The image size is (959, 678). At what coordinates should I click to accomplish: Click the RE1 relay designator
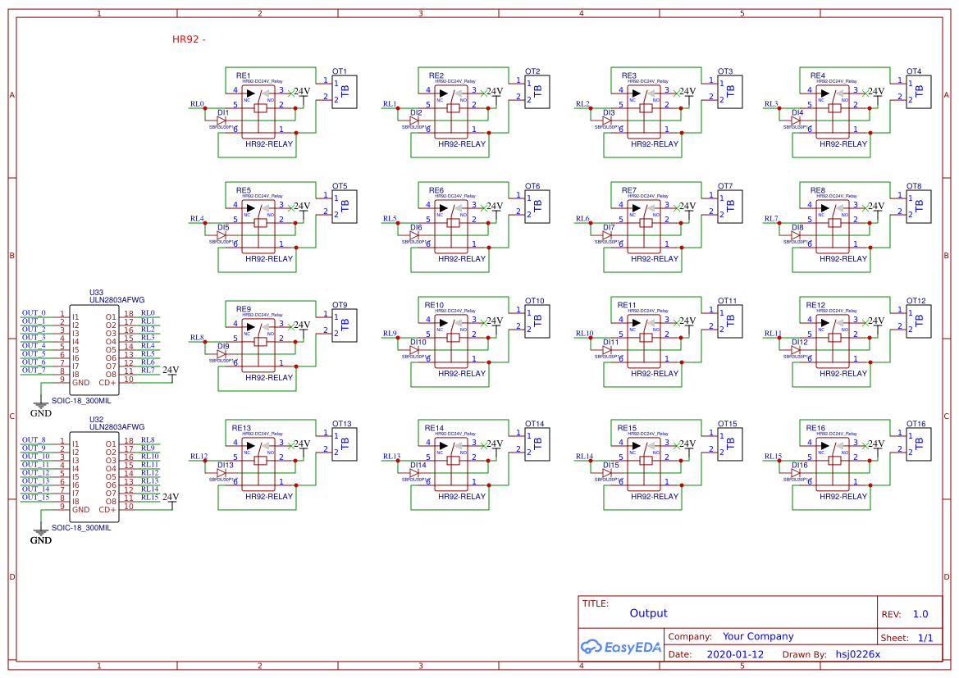(x=243, y=75)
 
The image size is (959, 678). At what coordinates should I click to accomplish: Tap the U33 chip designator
(x=96, y=292)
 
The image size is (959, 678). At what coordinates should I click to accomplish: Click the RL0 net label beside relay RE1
(x=197, y=104)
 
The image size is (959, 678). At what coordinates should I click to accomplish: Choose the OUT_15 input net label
(x=35, y=497)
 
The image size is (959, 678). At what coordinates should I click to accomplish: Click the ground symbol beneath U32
(x=40, y=534)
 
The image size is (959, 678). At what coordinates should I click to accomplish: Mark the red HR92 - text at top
(x=189, y=39)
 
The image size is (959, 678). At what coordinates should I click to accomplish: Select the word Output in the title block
(x=648, y=613)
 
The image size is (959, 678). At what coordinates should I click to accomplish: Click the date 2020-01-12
(x=734, y=654)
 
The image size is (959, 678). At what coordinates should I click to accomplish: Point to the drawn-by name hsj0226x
(x=857, y=654)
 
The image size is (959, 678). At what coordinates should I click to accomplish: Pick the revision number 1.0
(x=920, y=614)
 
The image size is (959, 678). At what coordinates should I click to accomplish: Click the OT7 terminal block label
(x=725, y=186)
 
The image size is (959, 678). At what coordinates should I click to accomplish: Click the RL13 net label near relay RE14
(x=391, y=457)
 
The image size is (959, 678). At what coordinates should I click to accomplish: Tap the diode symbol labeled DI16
(x=796, y=473)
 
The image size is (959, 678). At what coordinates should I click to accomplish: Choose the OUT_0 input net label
(x=34, y=313)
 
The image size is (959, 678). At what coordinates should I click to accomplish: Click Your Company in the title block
(x=757, y=636)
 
